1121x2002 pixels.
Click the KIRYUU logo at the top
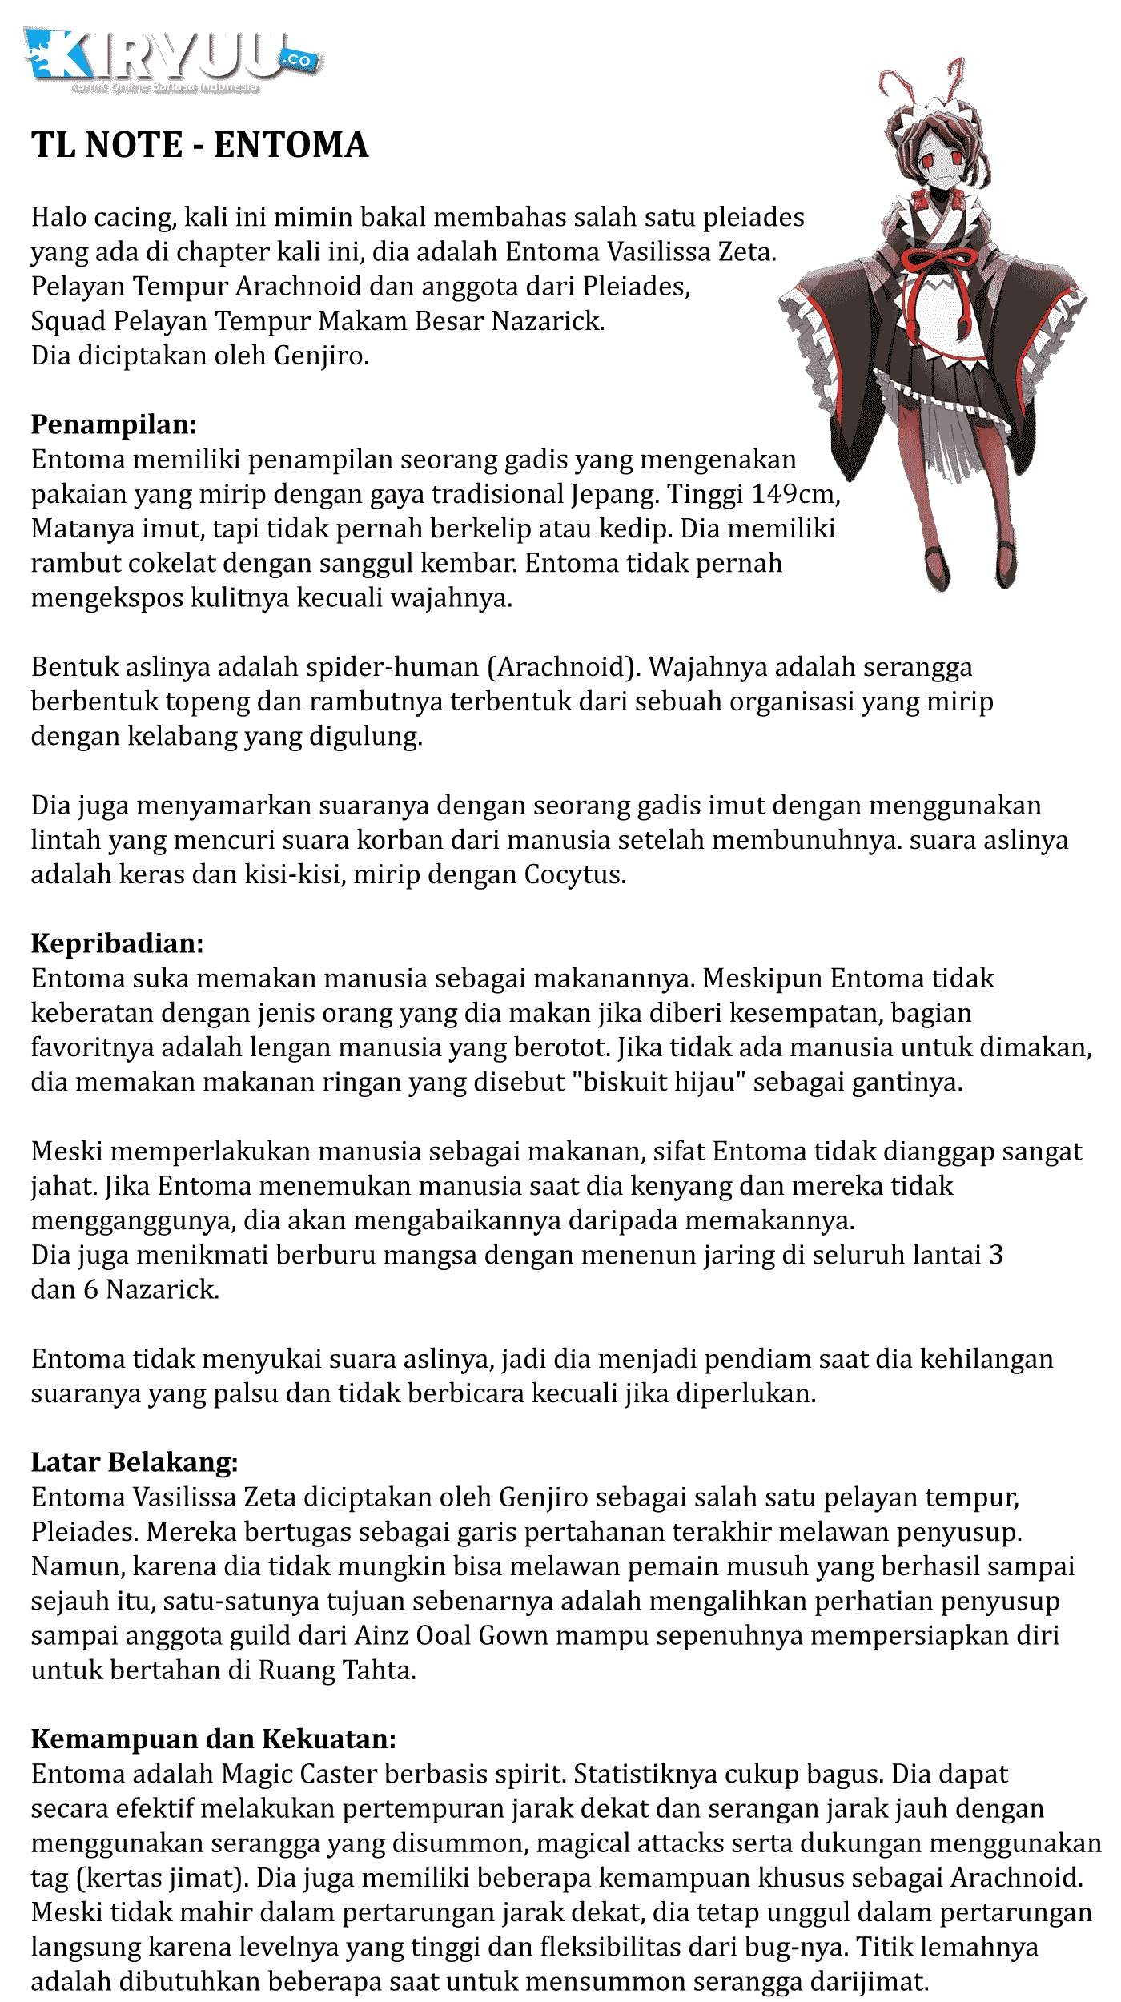(172, 60)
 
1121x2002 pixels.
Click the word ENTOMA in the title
(291, 146)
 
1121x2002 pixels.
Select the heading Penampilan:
(114, 424)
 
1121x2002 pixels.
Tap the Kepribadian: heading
(118, 943)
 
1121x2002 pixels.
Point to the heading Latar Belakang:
(135, 1462)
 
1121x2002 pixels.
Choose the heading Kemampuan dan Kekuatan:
(213, 1739)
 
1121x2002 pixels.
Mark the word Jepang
(616, 494)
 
